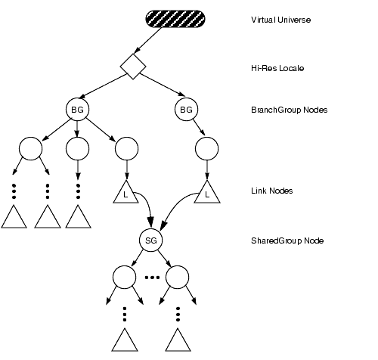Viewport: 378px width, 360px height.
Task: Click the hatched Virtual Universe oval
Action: (175, 19)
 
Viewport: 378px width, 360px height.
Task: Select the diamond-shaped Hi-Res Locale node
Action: (133, 67)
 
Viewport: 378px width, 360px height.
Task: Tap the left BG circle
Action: (77, 110)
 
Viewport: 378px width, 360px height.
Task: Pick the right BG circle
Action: (186, 110)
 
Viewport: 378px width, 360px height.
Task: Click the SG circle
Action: (151, 241)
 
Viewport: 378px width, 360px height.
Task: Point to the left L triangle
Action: (125, 194)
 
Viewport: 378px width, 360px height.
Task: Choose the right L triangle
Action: (207, 194)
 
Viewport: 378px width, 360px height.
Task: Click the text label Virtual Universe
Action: (280, 20)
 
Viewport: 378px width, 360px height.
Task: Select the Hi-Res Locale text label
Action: (277, 68)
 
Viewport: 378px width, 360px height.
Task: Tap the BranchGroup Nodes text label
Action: (290, 110)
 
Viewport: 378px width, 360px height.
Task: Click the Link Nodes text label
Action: (272, 191)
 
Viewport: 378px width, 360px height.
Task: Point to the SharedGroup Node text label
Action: (287, 241)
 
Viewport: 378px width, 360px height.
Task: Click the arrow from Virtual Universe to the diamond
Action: (147, 40)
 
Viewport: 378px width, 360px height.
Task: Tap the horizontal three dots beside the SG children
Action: (152, 278)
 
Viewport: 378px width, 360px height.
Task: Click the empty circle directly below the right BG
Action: (207, 148)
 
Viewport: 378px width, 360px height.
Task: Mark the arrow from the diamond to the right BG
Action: (162, 85)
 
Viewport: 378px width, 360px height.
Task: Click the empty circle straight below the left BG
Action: (77, 148)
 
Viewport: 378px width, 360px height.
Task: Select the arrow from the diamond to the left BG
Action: (103, 86)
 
